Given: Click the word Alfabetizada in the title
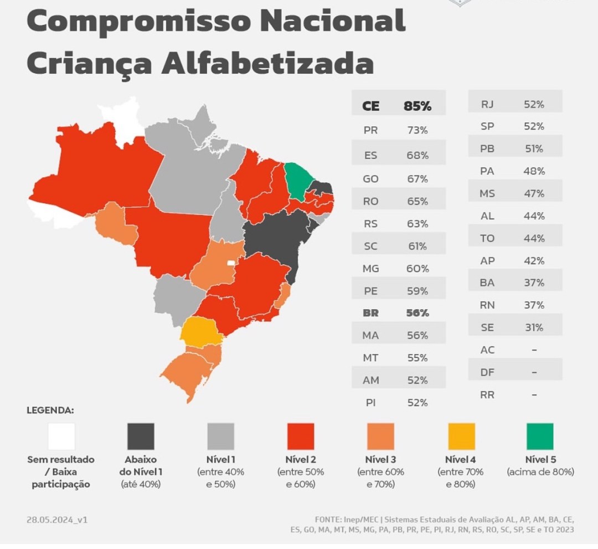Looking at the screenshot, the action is pyautogui.click(x=267, y=63).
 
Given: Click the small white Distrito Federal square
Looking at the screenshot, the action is pyautogui.click(x=231, y=263).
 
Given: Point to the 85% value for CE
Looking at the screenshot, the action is pyautogui.click(x=417, y=106).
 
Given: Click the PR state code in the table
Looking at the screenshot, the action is pyautogui.click(x=370, y=131).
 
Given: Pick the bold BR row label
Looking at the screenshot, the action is pyautogui.click(x=370, y=313).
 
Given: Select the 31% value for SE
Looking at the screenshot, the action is pyautogui.click(x=534, y=327).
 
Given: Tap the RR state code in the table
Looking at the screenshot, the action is pyautogui.click(x=487, y=395).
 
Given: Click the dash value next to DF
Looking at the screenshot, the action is pyautogui.click(x=534, y=372).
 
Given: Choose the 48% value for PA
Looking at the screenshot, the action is pyautogui.click(x=534, y=171).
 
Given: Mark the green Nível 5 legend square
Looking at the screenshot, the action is pyautogui.click(x=540, y=436).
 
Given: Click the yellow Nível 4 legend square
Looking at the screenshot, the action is pyautogui.click(x=461, y=436).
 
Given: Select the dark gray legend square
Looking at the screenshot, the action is pyautogui.click(x=141, y=436).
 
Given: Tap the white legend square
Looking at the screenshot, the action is pyautogui.click(x=61, y=436).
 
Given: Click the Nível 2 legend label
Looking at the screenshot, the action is pyautogui.click(x=301, y=459).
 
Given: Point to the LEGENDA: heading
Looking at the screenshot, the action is pyautogui.click(x=50, y=410).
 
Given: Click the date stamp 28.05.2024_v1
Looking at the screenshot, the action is pyautogui.click(x=57, y=520).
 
